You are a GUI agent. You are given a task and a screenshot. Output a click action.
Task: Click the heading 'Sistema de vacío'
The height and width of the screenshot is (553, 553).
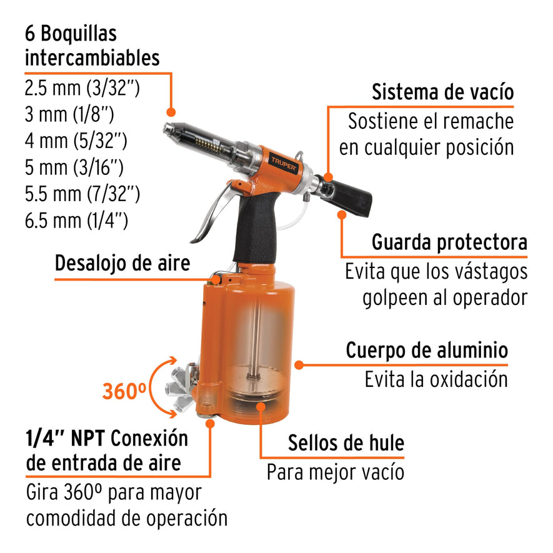442,92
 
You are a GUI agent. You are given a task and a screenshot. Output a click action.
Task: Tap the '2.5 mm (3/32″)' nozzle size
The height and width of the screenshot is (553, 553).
82,87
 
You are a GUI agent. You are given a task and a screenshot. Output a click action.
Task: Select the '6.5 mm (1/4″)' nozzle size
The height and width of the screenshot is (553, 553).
76,221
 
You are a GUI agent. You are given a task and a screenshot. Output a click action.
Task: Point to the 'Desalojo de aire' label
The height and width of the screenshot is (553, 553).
122,263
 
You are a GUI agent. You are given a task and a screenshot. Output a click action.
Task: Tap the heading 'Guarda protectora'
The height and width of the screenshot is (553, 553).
449,242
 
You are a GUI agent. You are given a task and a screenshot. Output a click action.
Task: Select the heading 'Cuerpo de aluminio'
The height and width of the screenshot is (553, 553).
427,351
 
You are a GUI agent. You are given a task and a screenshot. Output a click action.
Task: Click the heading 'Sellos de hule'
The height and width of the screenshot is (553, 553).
346,444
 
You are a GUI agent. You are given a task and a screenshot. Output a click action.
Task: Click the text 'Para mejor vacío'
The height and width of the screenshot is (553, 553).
335,472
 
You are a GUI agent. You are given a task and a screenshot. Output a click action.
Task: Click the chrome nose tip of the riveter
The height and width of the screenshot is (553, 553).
169,129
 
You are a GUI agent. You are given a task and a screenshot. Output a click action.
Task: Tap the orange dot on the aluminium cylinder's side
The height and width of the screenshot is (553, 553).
299,364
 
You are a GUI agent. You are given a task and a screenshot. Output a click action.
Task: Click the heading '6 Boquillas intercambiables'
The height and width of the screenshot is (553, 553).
92,46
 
